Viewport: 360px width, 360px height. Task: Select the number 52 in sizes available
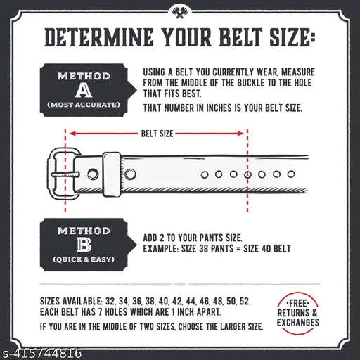[243, 300]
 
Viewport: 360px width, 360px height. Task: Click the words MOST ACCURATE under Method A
[84, 105]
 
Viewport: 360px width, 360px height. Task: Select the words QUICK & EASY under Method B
[84, 259]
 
